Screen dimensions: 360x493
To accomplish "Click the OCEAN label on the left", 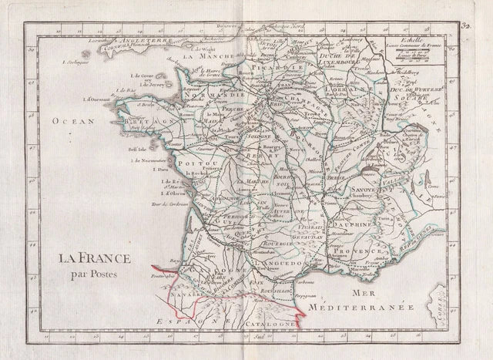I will [x=74, y=121].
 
